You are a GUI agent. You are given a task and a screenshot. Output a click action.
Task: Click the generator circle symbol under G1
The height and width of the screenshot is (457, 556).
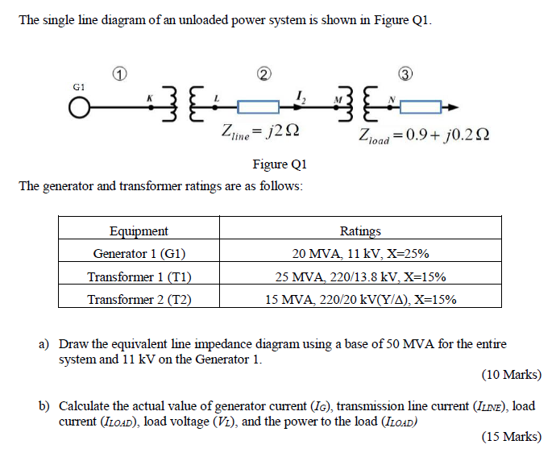pyautogui.click(x=79, y=106)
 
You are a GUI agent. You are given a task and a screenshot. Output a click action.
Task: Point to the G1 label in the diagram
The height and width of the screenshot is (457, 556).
pyautogui.click(x=78, y=85)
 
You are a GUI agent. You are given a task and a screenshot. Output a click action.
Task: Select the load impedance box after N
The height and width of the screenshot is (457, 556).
pyautogui.click(x=422, y=106)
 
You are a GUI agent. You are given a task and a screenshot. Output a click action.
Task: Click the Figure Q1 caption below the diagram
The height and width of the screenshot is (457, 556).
pyautogui.click(x=279, y=164)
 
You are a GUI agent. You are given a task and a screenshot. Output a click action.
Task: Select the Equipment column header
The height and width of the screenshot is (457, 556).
pyautogui.click(x=139, y=231)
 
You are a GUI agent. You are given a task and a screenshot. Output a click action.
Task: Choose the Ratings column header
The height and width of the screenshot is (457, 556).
pyautogui.click(x=360, y=231)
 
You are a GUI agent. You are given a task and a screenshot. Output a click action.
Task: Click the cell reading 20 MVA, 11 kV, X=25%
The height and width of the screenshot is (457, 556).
pyautogui.click(x=360, y=253)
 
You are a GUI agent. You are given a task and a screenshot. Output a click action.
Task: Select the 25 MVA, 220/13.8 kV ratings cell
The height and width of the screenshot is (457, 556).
pyautogui.click(x=360, y=276)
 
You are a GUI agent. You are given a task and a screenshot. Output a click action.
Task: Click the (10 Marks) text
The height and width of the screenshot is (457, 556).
pyautogui.click(x=511, y=375)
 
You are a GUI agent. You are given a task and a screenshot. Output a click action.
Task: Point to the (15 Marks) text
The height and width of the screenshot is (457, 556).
pyautogui.click(x=511, y=437)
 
